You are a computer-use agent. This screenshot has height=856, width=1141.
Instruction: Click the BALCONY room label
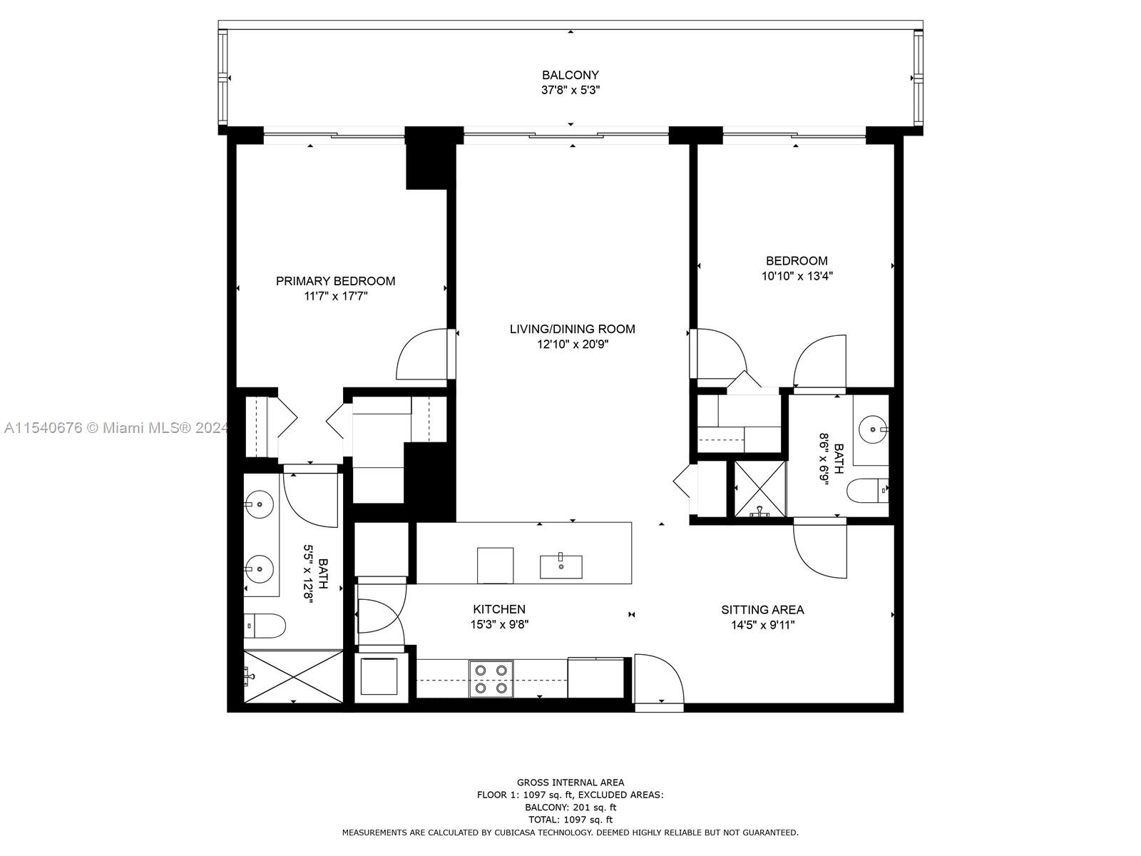pos(570,75)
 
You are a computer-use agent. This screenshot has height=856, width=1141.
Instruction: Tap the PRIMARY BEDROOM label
pos(335,281)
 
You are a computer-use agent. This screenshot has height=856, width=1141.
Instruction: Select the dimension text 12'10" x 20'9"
pos(572,345)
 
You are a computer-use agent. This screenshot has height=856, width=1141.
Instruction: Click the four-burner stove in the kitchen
pos(491,678)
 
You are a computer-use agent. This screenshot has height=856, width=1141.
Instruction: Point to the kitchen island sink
pos(561,566)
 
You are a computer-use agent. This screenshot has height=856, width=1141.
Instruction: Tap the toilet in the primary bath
pos(265,626)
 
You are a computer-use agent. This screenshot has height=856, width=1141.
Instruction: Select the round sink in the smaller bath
pos(872,429)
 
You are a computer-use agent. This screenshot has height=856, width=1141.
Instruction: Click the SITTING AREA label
pos(762,610)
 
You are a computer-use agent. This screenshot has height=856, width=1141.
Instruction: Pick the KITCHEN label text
pos(499,609)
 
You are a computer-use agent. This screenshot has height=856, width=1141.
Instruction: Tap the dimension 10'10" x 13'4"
pos(797,276)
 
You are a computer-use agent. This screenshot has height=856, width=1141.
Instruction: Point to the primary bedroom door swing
pos(422,355)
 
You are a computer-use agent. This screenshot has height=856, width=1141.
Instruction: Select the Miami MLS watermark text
pos(114,428)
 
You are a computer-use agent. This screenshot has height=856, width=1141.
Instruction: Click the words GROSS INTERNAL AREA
pos(570,783)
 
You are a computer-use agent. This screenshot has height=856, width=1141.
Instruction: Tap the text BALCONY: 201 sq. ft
pos(570,807)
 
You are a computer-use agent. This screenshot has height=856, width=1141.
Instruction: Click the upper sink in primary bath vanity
pos(260,504)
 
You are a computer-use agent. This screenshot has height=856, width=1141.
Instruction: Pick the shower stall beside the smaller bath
pos(760,489)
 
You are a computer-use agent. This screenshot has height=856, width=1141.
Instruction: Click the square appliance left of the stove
pos(379,676)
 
